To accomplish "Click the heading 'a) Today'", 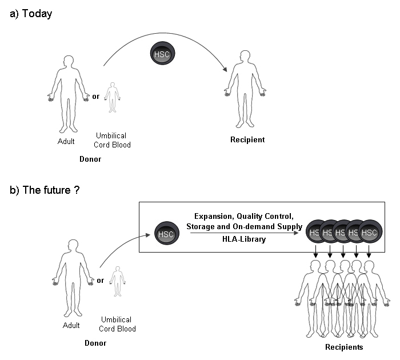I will (31, 14).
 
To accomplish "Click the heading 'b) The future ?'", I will (45, 190).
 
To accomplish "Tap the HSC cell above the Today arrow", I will (162, 54).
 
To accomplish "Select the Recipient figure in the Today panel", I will (245, 89).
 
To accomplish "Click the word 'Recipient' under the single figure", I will (247, 140).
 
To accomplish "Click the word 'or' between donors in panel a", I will (95, 97).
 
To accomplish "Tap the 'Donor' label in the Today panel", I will (90, 159).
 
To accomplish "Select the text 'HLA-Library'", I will (244, 239).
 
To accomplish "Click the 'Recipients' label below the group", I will (344, 347).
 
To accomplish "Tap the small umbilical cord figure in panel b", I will (117, 281).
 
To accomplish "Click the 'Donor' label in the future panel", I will (95, 343).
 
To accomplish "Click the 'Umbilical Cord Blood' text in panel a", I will (113, 140).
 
